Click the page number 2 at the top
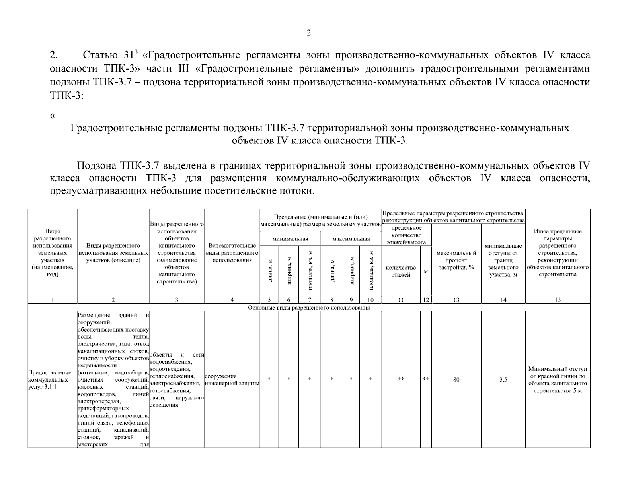click(309, 33)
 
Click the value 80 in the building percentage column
click(456, 380)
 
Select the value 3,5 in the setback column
click(503, 380)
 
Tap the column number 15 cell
click(558, 300)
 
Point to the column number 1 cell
click(53, 300)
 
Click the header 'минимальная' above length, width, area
click(290, 239)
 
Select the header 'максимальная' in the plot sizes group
click(351, 239)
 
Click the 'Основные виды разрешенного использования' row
click(309, 308)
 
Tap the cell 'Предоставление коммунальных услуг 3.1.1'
click(50, 380)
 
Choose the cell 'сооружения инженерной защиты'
click(232, 380)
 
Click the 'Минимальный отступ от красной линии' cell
click(558, 380)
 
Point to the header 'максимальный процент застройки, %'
click(456, 260)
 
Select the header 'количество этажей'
click(401, 271)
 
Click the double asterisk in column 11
click(401, 379)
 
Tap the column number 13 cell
click(456, 300)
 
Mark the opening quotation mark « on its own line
click(52, 116)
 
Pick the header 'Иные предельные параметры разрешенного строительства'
click(558, 253)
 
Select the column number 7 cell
click(309, 300)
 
